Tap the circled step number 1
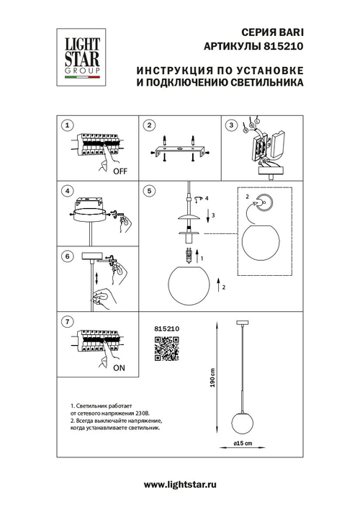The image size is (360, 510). [x=67, y=125]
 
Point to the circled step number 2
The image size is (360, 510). [x=148, y=125]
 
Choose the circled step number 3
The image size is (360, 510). [x=231, y=125]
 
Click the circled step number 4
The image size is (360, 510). [x=67, y=191]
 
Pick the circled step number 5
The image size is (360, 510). [x=148, y=191]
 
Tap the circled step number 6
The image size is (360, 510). [x=67, y=256]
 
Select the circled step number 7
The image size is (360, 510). [x=67, y=321]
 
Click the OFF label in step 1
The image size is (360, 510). [x=120, y=171]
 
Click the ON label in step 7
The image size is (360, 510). [x=120, y=367]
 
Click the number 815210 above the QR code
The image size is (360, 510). [x=167, y=328]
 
